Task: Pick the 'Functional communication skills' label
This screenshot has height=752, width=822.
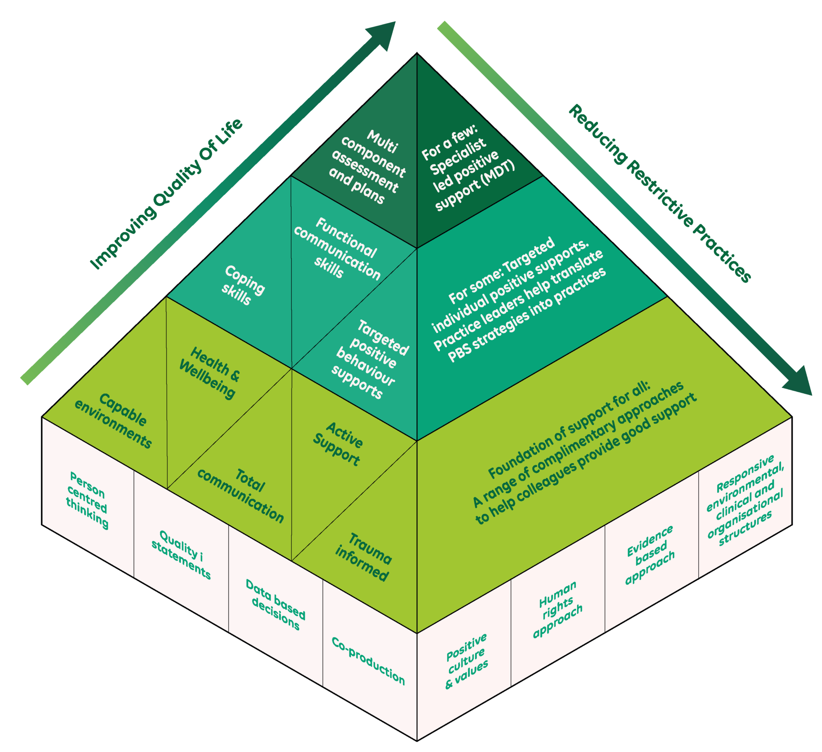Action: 337,249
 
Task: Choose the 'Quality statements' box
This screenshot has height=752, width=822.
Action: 181,554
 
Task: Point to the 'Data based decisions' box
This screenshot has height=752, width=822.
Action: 275,604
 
